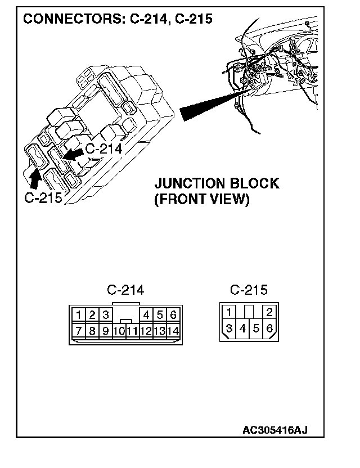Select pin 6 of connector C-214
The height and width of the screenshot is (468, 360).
coord(173,315)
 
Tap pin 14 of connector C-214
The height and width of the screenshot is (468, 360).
coord(173,331)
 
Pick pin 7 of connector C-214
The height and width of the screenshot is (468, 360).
coord(79,331)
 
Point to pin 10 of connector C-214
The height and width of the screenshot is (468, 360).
coord(119,331)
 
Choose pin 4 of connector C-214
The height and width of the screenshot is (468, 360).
coord(146,315)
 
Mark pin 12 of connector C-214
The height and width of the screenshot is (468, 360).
coord(146,331)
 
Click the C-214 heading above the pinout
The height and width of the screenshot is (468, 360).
coord(125,290)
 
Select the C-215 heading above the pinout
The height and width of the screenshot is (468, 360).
coord(249,290)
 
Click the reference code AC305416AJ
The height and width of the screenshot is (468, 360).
coord(274,430)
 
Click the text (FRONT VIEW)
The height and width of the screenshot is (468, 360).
coord(201,200)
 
